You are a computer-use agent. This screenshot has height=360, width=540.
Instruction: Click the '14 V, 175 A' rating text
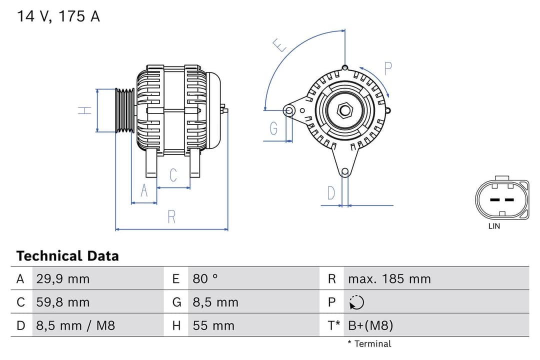(58, 16)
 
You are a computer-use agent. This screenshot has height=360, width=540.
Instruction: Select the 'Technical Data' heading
(67, 256)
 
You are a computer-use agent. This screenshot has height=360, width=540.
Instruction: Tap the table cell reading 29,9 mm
(63, 279)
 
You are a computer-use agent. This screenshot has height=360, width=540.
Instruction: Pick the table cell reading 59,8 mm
(63, 302)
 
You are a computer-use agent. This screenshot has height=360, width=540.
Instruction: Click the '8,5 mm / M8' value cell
(75, 326)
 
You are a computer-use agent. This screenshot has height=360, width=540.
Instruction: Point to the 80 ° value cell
(205, 279)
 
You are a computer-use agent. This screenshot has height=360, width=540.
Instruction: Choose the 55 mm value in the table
(213, 326)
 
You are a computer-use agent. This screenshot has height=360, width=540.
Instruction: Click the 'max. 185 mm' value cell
(389, 279)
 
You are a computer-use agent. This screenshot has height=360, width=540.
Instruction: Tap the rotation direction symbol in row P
(356, 302)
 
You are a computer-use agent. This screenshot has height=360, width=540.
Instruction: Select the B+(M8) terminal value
(370, 326)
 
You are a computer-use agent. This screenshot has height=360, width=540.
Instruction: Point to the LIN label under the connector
(494, 226)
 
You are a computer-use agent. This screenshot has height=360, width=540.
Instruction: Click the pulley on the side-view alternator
(124, 110)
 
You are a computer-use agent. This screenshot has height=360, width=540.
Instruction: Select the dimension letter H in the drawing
(85, 110)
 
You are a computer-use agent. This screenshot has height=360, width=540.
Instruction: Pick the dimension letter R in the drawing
(171, 217)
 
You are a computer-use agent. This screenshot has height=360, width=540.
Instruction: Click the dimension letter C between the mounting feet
(173, 175)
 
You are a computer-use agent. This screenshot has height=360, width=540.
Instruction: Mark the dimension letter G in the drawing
(273, 129)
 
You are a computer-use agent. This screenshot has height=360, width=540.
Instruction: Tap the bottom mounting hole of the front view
(344, 171)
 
